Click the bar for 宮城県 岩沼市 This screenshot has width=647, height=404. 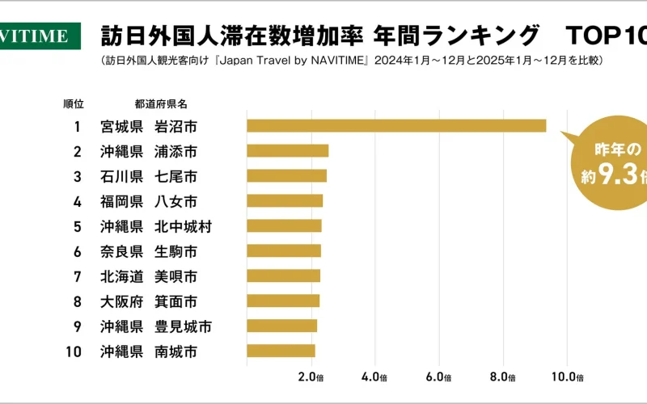pyautogui.click(x=396, y=125)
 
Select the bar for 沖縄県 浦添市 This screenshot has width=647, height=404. pyautogui.click(x=287, y=150)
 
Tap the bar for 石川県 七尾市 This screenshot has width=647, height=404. pyautogui.click(x=286, y=175)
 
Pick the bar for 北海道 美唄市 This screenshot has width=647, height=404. pyautogui.click(x=283, y=276)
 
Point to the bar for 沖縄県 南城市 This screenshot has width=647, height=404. pyautogui.click(x=281, y=351)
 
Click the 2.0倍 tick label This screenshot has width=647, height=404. pyautogui.click(x=311, y=377)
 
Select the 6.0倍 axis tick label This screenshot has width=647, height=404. pyautogui.click(x=439, y=377)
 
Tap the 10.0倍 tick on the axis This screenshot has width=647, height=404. pyautogui.click(x=568, y=377)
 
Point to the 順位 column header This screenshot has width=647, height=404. pyautogui.click(x=74, y=104)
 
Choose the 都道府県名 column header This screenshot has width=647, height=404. pyautogui.click(x=162, y=104)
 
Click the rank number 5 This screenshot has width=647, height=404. pyautogui.click(x=78, y=225)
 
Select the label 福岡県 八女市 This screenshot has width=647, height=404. pyautogui.click(x=149, y=200)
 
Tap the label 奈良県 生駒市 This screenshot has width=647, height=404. pyautogui.click(x=149, y=250)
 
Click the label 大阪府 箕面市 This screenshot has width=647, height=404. pyautogui.click(x=149, y=301)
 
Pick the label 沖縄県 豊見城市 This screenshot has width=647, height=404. pyautogui.click(x=156, y=326)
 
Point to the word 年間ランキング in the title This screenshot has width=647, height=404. pyautogui.click(x=456, y=36)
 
